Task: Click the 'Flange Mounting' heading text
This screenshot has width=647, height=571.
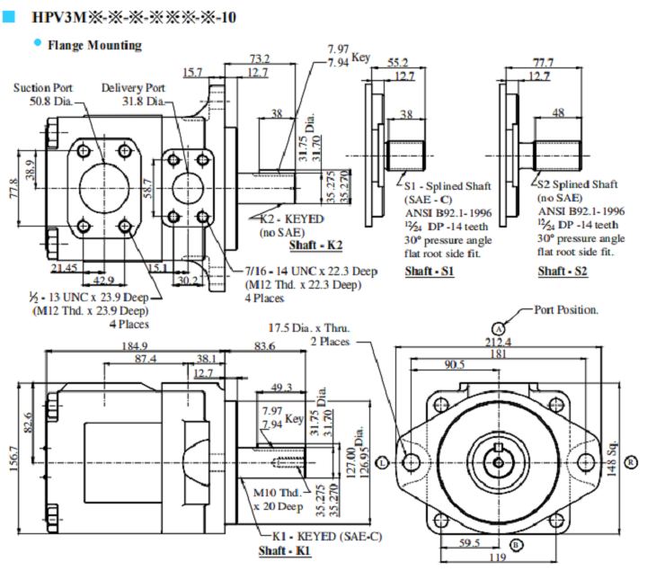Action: tap(94, 44)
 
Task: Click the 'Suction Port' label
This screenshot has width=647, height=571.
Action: tap(43, 88)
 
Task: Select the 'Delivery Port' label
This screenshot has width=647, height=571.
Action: tap(133, 88)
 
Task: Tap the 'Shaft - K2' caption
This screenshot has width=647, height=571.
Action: tap(315, 245)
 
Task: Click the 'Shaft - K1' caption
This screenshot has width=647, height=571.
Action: tap(285, 550)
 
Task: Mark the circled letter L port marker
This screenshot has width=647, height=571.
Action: tap(383, 461)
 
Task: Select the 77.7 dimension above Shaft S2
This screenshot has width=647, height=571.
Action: tap(543, 63)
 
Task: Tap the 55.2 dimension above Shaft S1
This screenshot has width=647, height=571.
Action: tap(398, 63)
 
